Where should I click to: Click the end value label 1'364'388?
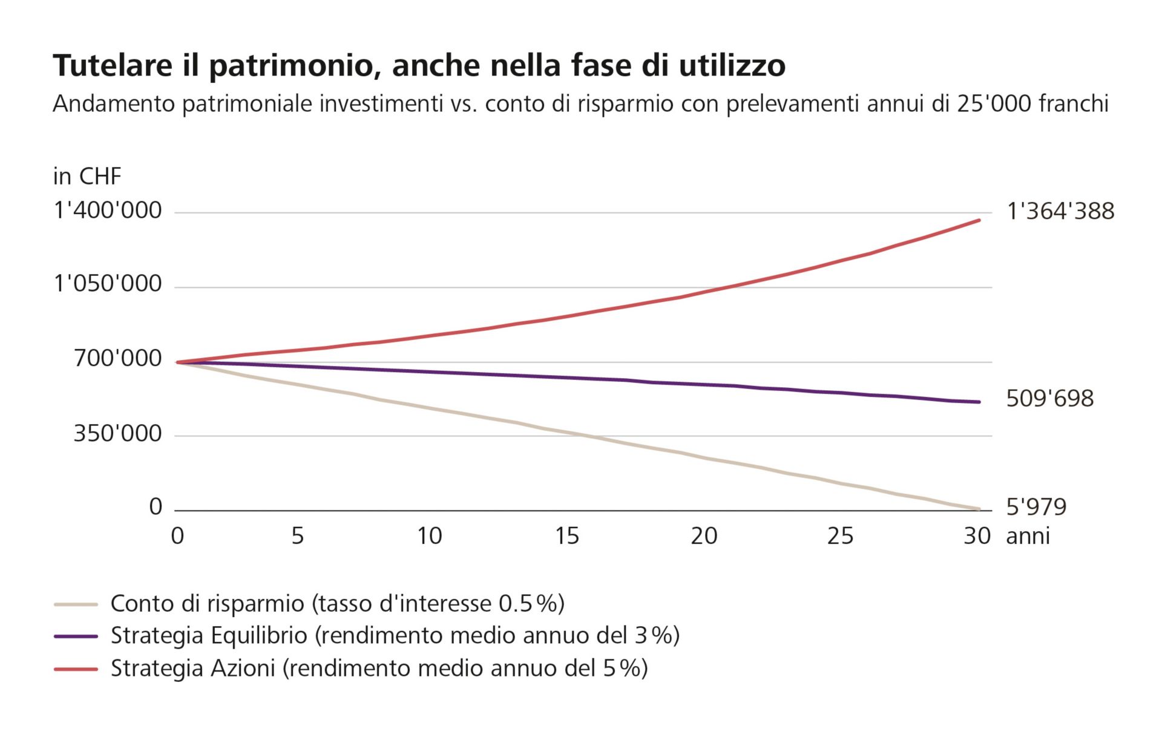pos(1060,211)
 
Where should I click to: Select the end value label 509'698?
pos(1049,399)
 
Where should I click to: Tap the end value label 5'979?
pos(1036,506)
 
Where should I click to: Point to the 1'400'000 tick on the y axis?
pos(108,211)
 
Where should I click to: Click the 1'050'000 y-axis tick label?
pos(108,283)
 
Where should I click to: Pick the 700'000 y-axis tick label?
pos(117,358)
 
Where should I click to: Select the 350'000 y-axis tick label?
pos(117,433)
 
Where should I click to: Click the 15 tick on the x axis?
pos(567,536)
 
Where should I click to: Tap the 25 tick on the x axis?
pos(840,536)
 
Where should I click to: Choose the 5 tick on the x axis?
pos(297,536)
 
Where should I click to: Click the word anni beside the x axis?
pos(1028,536)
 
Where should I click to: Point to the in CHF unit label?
pos(87,177)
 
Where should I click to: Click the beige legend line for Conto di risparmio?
pos(76,604)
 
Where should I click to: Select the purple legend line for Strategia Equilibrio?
pos(76,636)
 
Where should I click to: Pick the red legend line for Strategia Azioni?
pos(76,669)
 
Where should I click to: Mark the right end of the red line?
pos(979,220)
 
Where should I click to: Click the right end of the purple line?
pos(979,402)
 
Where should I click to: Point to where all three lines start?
pos(177,362)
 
